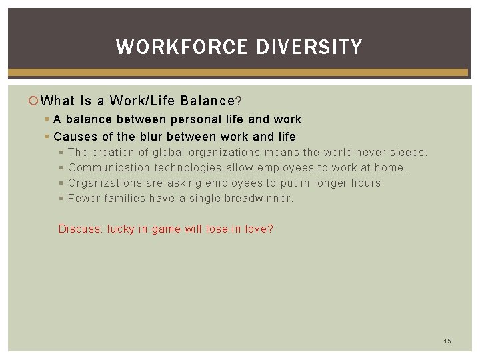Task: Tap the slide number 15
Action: (x=447, y=341)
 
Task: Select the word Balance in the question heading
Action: (x=206, y=101)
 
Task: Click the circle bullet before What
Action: (x=34, y=101)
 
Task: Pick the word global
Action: (x=170, y=153)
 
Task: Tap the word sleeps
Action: (x=408, y=153)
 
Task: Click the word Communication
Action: (x=109, y=168)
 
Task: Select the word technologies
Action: (x=188, y=168)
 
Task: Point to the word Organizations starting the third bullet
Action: (x=105, y=183)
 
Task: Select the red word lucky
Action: (x=121, y=229)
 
